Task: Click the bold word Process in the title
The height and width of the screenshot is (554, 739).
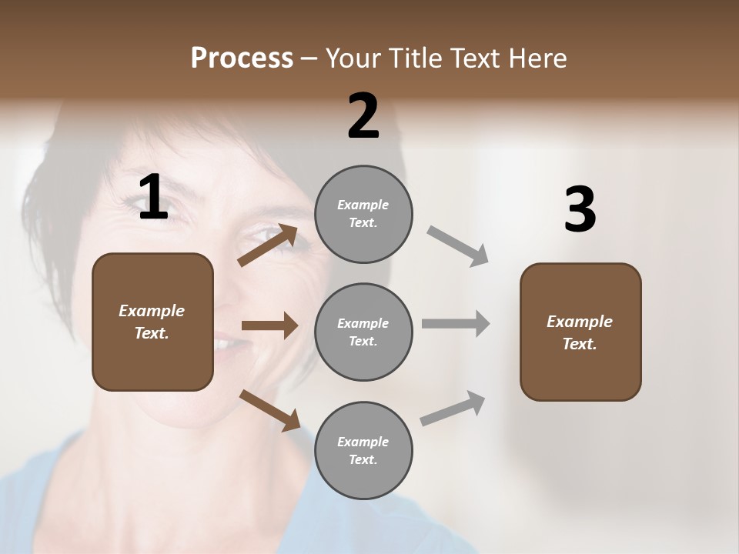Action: [x=242, y=58]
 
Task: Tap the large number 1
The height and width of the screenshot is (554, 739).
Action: [x=153, y=197]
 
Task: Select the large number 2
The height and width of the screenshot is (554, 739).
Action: [x=363, y=116]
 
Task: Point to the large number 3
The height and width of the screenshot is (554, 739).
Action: [x=580, y=210]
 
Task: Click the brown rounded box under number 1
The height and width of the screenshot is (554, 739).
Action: [x=152, y=322]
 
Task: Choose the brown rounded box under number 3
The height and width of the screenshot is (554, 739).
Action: [x=580, y=332]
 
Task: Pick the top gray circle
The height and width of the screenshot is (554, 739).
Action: [x=363, y=214]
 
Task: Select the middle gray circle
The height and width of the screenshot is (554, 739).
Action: [x=363, y=332]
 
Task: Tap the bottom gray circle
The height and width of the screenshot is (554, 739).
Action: [x=363, y=450]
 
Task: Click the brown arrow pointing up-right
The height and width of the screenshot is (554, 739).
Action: [x=268, y=245]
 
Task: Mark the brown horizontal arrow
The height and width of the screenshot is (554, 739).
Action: [x=269, y=325]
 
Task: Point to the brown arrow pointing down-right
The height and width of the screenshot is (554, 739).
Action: [x=269, y=410]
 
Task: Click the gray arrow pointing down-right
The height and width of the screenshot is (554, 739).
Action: [x=458, y=246]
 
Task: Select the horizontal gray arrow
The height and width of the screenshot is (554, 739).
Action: [x=456, y=324]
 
